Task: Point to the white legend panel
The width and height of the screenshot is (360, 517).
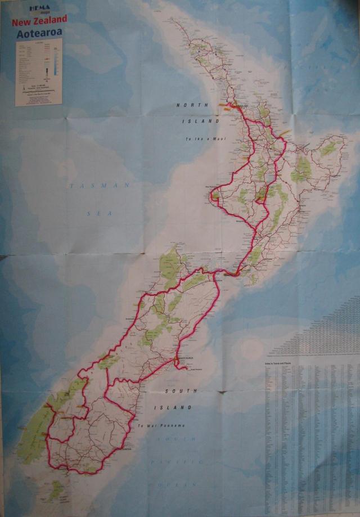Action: pyautogui.click(x=38, y=71)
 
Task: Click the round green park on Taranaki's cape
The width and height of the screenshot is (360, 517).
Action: pyautogui.click(x=216, y=195)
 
